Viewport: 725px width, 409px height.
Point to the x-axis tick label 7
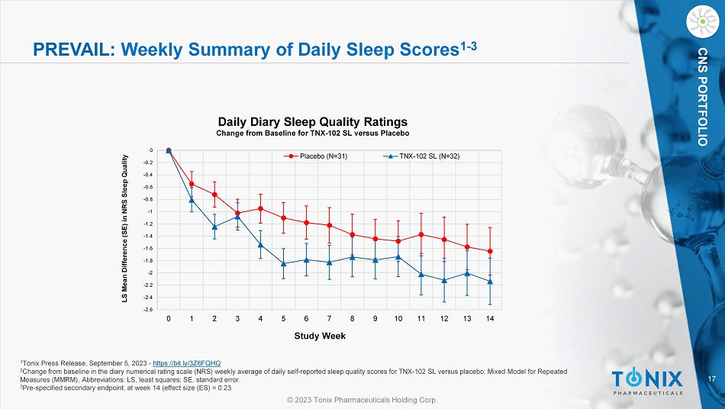click(329, 318)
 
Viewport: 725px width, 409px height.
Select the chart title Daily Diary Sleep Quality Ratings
click(313, 121)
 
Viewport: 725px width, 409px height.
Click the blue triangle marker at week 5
click(283, 263)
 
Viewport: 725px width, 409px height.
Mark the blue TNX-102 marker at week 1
click(192, 199)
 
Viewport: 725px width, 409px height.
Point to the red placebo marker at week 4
click(260, 208)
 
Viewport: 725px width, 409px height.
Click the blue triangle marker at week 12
click(444, 280)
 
